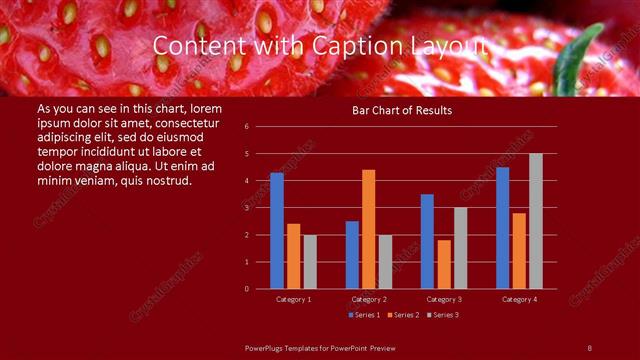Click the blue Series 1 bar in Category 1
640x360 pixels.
tap(277, 231)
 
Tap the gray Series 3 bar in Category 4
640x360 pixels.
tap(536, 221)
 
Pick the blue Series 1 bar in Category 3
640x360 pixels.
tap(427, 241)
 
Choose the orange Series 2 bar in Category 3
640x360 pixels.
tap(444, 264)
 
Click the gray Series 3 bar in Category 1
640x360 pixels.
tap(310, 262)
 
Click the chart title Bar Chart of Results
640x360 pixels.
tap(403, 110)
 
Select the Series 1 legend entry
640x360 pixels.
tap(363, 315)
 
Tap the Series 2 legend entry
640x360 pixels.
tap(402, 315)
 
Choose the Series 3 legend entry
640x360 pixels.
tap(442, 315)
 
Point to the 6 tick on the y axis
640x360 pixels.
tap(260, 127)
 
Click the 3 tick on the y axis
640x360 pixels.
tap(260, 208)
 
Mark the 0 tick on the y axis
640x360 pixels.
tap(260, 289)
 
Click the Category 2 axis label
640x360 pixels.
tap(369, 299)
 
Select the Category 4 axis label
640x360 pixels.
tap(519, 299)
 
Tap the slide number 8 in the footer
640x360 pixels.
tap(589, 347)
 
